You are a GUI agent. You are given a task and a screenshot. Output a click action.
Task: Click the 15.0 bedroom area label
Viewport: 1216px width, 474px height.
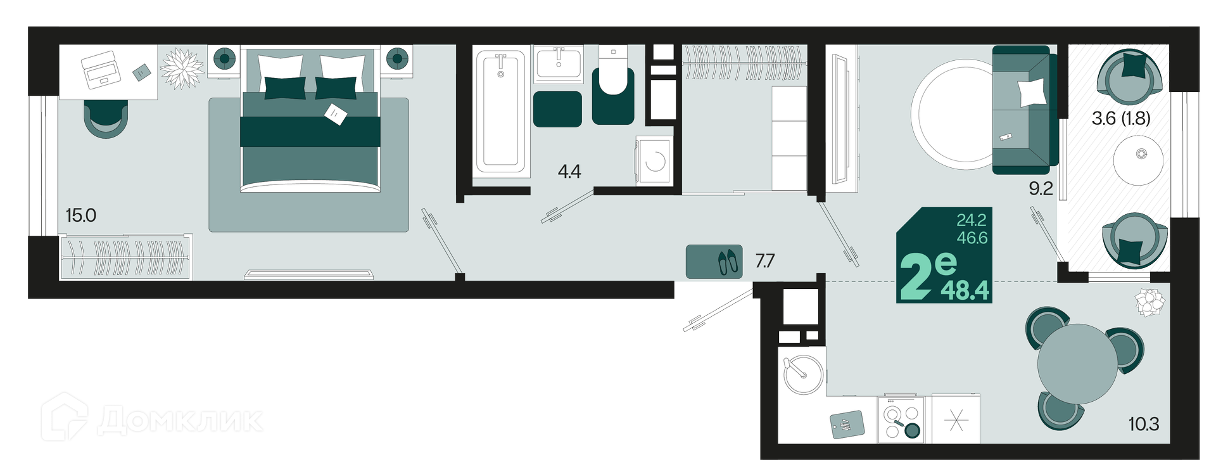pos(81,215)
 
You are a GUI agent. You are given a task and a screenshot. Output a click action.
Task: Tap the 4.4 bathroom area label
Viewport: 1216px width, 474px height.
pos(569,171)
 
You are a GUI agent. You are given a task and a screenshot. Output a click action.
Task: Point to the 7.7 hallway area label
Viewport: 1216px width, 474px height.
pos(765,260)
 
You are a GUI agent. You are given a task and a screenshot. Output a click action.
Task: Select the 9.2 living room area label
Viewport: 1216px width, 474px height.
pos(1041,188)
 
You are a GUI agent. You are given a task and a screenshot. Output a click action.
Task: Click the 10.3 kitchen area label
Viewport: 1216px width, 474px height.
pos(1144,424)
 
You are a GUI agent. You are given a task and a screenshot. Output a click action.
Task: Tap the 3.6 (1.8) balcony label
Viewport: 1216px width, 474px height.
pos(1121,118)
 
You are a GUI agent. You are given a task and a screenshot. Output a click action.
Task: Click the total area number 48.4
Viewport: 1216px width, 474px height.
pos(965,290)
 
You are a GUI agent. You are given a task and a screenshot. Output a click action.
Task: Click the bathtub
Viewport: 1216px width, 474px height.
pos(500,112)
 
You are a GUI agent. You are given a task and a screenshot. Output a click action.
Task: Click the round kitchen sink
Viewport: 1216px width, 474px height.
pos(804,375)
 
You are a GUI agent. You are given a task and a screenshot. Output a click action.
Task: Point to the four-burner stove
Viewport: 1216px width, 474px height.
pos(901,419)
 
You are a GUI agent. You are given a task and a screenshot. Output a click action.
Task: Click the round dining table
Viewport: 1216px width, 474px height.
pos(1077,364)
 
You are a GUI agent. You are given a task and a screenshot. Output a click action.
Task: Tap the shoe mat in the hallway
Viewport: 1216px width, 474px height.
pos(714,262)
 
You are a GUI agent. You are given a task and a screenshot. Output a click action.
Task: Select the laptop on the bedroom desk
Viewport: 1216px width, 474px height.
pos(101,70)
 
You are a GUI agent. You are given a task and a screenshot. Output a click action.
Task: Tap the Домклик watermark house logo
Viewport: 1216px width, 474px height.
pos(64,417)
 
